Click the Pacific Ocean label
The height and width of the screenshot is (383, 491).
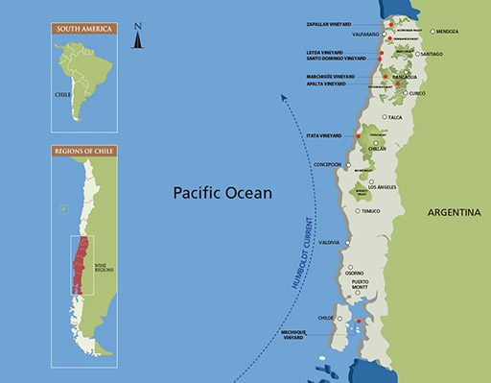(222, 193)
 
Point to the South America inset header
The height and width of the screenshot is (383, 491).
(84, 29)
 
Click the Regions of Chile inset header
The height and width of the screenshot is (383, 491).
(84, 153)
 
